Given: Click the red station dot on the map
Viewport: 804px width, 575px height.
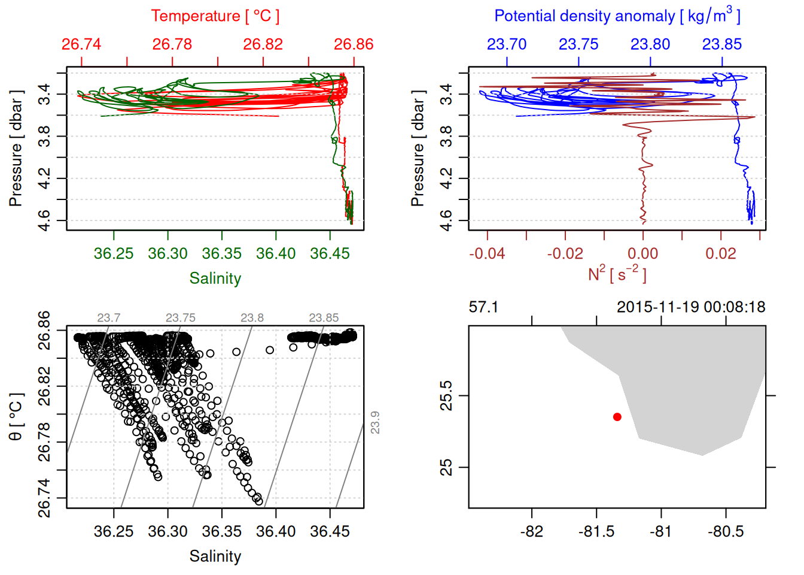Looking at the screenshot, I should tap(617, 417).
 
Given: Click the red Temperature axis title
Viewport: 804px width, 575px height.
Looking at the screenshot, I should tap(215, 16).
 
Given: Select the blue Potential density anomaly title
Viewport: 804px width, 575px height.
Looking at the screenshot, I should tap(617, 16).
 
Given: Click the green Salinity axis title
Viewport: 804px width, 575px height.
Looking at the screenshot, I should tap(215, 279).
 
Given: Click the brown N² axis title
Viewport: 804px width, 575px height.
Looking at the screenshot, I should tap(617, 274).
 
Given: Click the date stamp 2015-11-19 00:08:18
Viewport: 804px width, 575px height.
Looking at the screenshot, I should tap(691, 307).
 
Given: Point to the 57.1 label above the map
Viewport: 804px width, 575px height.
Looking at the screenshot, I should tap(483, 307).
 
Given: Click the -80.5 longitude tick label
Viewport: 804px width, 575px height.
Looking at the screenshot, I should tap(726, 531).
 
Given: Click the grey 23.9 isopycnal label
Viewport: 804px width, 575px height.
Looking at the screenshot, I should tap(375, 422).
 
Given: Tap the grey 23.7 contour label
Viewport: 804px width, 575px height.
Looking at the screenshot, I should tap(109, 318).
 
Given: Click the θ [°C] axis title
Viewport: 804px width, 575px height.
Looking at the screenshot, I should tap(16, 417).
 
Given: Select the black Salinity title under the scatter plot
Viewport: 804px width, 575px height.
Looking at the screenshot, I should tap(215, 556).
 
